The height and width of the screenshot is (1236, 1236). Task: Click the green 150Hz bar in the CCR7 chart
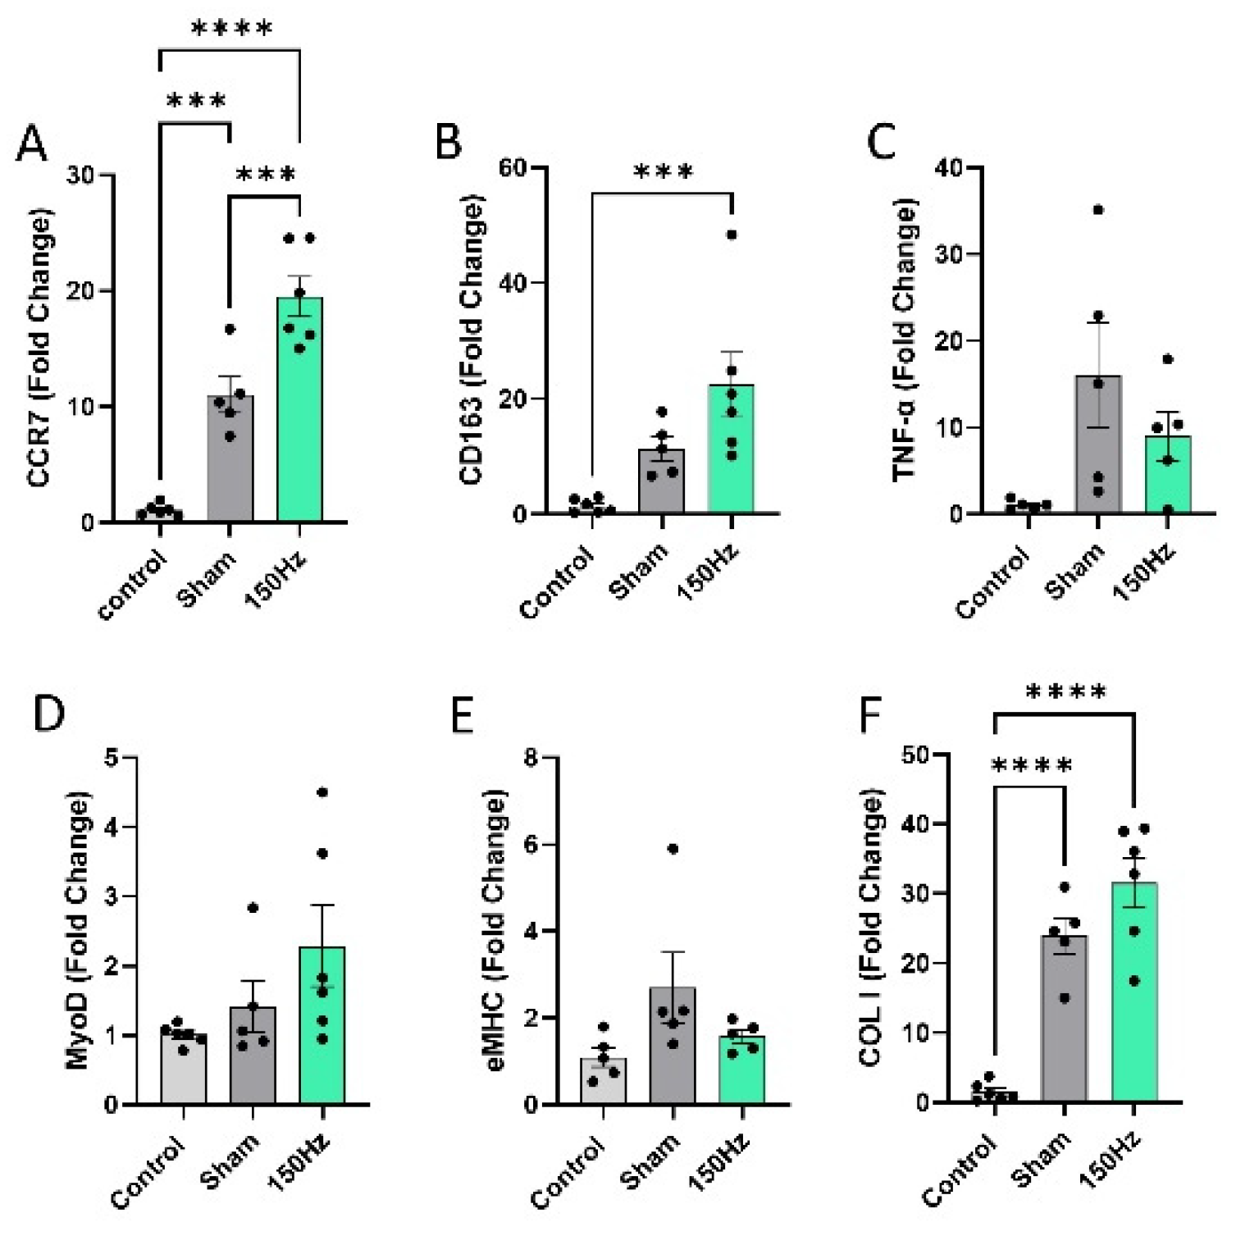pos(299,410)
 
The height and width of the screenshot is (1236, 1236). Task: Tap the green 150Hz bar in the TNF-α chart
pos(1168,475)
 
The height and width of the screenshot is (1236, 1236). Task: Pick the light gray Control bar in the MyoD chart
pos(183,1070)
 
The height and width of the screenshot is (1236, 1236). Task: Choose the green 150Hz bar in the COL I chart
pos(1134,992)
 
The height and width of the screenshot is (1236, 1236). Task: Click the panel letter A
pos(32,144)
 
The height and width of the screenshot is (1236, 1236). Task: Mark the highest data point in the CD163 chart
pos(732,235)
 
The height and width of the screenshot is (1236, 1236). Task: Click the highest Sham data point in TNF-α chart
pos(1098,210)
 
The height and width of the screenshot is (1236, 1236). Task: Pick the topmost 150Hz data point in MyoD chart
pos(322,792)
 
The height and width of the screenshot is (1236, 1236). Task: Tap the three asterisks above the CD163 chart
pos(664,171)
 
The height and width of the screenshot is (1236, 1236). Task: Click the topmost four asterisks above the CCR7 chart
pos(232,30)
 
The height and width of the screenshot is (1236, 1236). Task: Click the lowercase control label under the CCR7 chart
pos(131,585)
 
